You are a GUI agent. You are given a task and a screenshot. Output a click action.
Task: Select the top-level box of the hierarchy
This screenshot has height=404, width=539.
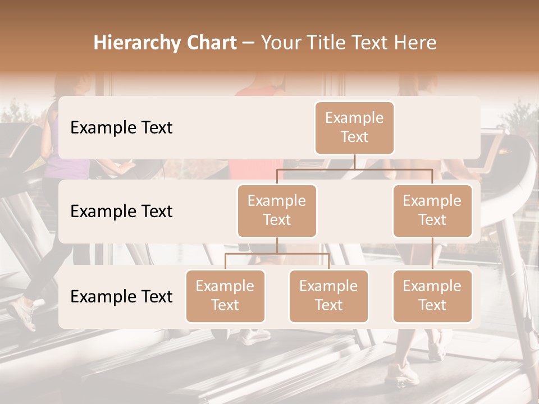[x=354, y=127]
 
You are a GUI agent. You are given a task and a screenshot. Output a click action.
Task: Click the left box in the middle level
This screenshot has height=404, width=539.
[x=277, y=210]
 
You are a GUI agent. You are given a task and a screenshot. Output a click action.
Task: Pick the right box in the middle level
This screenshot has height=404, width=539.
[x=432, y=210]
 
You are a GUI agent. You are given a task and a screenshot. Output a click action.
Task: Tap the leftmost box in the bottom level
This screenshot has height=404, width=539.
[x=225, y=296]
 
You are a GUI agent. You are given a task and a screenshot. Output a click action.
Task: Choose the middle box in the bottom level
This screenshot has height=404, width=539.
[x=328, y=296]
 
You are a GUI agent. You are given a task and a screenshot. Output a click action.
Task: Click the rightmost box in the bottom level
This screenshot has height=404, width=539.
[x=432, y=296]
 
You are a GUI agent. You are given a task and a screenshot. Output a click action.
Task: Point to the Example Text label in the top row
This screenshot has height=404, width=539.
[x=121, y=128]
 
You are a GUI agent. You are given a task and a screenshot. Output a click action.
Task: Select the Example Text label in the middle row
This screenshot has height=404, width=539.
[x=121, y=212]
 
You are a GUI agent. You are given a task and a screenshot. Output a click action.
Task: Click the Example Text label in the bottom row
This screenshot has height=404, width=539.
[x=121, y=296]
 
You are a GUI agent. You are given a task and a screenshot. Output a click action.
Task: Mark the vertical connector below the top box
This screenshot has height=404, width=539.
[x=354, y=162]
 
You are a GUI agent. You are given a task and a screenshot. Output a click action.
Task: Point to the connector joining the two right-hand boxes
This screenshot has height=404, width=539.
[x=432, y=254]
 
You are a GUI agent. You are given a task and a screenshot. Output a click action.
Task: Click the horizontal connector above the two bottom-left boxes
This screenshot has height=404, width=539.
[x=277, y=254]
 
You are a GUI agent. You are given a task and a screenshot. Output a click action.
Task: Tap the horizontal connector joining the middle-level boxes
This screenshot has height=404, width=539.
[x=354, y=169]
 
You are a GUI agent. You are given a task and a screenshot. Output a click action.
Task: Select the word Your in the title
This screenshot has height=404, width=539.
[x=279, y=43]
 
